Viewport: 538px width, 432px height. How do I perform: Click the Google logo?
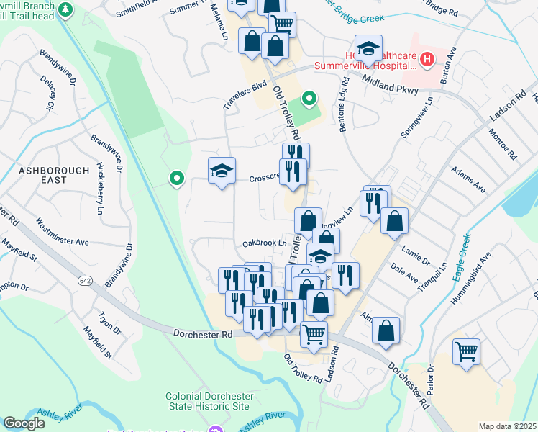(x=24, y=423)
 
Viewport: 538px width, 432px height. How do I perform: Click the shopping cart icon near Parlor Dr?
(x=466, y=353)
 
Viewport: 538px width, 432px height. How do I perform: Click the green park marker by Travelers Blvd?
(x=310, y=98)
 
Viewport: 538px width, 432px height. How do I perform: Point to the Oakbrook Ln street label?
(x=264, y=243)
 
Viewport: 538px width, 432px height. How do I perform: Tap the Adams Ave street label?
(x=468, y=181)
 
